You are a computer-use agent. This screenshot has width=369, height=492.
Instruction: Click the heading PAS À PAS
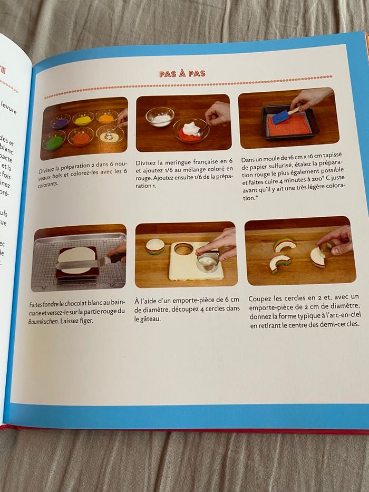point(182,74)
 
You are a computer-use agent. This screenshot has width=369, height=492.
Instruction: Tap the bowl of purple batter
point(60,122)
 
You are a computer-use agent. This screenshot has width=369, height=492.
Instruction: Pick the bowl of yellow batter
point(83,120)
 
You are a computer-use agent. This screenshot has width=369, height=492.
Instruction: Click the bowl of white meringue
point(160,117)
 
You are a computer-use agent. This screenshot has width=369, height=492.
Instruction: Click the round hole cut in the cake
point(183,248)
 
